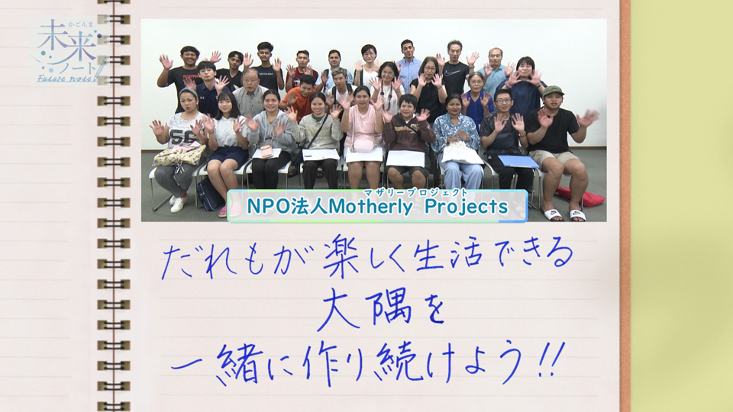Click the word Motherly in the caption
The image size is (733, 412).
pyautogui.click(x=371, y=207)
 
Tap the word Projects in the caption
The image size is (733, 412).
pyautogui.click(x=466, y=207)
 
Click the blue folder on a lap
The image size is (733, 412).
pyautogui.click(x=518, y=161)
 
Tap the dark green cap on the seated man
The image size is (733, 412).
pyautogui.click(x=553, y=90)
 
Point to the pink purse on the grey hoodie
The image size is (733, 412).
pyautogui.click(x=267, y=151)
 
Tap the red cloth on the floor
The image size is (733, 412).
pyautogui.click(x=580, y=196)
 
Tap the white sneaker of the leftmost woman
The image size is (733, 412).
pyautogui.click(x=179, y=204)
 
